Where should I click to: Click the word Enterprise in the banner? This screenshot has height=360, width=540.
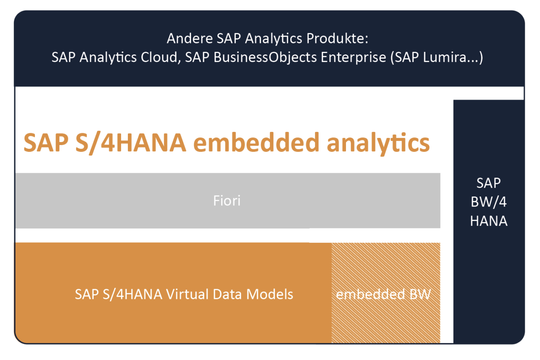click(x=354, y=57)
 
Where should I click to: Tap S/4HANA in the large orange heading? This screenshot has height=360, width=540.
click(x=127, y=143)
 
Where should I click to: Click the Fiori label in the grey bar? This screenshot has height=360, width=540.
click(x=227, y=201)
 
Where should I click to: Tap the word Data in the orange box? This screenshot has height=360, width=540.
click(x=230, y=294)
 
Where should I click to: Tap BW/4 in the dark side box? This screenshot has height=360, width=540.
click(x=489, y=202)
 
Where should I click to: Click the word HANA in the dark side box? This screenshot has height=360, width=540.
click(x=489, y=220)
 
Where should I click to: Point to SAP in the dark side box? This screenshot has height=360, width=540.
click(x=489, y=183)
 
